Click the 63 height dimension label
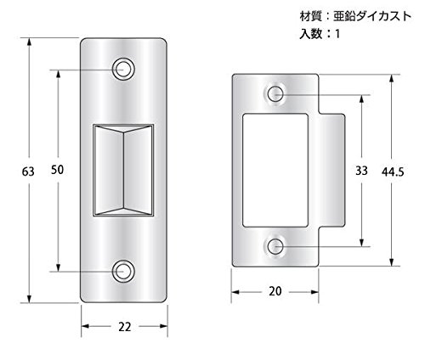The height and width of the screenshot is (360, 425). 28,172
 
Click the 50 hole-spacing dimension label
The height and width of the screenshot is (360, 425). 57,170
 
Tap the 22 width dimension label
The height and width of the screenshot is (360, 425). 125,327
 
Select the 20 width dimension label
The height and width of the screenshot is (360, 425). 275,291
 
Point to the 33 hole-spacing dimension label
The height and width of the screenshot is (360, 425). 361,171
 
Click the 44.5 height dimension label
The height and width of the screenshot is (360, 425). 393,172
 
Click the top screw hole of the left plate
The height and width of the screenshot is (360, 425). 123,69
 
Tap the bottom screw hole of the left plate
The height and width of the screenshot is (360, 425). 123,271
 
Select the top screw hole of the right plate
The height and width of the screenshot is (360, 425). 275,94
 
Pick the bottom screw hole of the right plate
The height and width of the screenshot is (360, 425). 275,246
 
